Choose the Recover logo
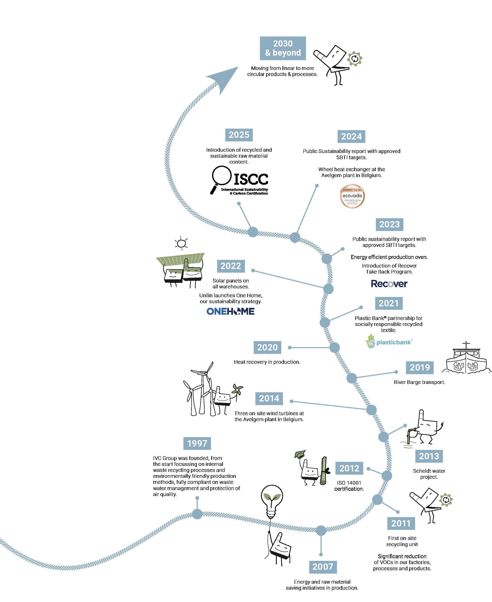pos(389,284)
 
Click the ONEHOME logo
pos(230,311)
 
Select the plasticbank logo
pos(389,342)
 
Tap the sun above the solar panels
pos(181,243)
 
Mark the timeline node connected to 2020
pos(334,348)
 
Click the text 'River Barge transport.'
pos(419,382)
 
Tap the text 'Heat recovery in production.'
pos(267,362)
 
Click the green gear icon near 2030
pos(354,59)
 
